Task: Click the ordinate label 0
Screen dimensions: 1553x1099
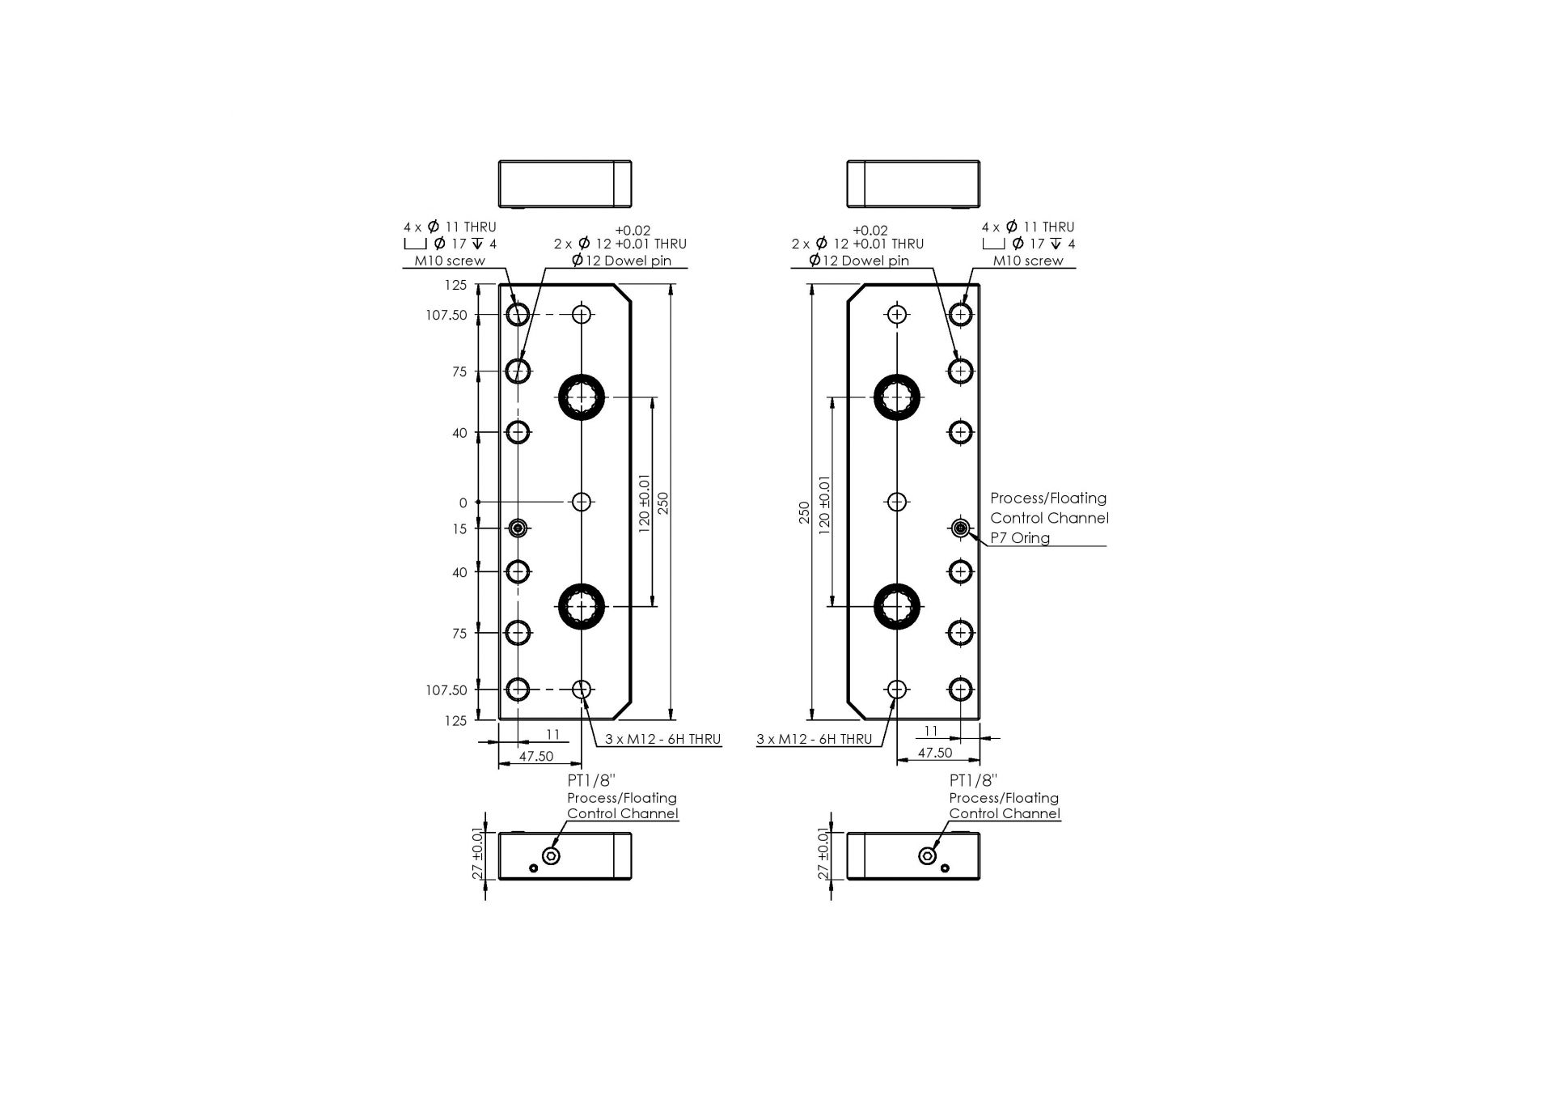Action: (x=463, y=503)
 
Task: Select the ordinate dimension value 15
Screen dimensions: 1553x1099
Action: (x=459, y=529)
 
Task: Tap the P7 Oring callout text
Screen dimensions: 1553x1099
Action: (x=1020, y=538)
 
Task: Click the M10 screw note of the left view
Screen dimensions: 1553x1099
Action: (x=450, y=261)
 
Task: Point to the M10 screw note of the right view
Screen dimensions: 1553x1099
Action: (x=1028, y=261)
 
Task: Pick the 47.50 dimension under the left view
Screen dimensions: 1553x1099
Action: (x=536, y=756)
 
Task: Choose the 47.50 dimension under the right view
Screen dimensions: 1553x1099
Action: (x=935, y=753)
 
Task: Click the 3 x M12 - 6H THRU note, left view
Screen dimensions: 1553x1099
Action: (x=662, y=739)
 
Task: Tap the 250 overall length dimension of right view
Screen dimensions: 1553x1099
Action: (x=805, y=512)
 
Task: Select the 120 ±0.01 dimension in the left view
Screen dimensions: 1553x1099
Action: (x=645, y=502)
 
